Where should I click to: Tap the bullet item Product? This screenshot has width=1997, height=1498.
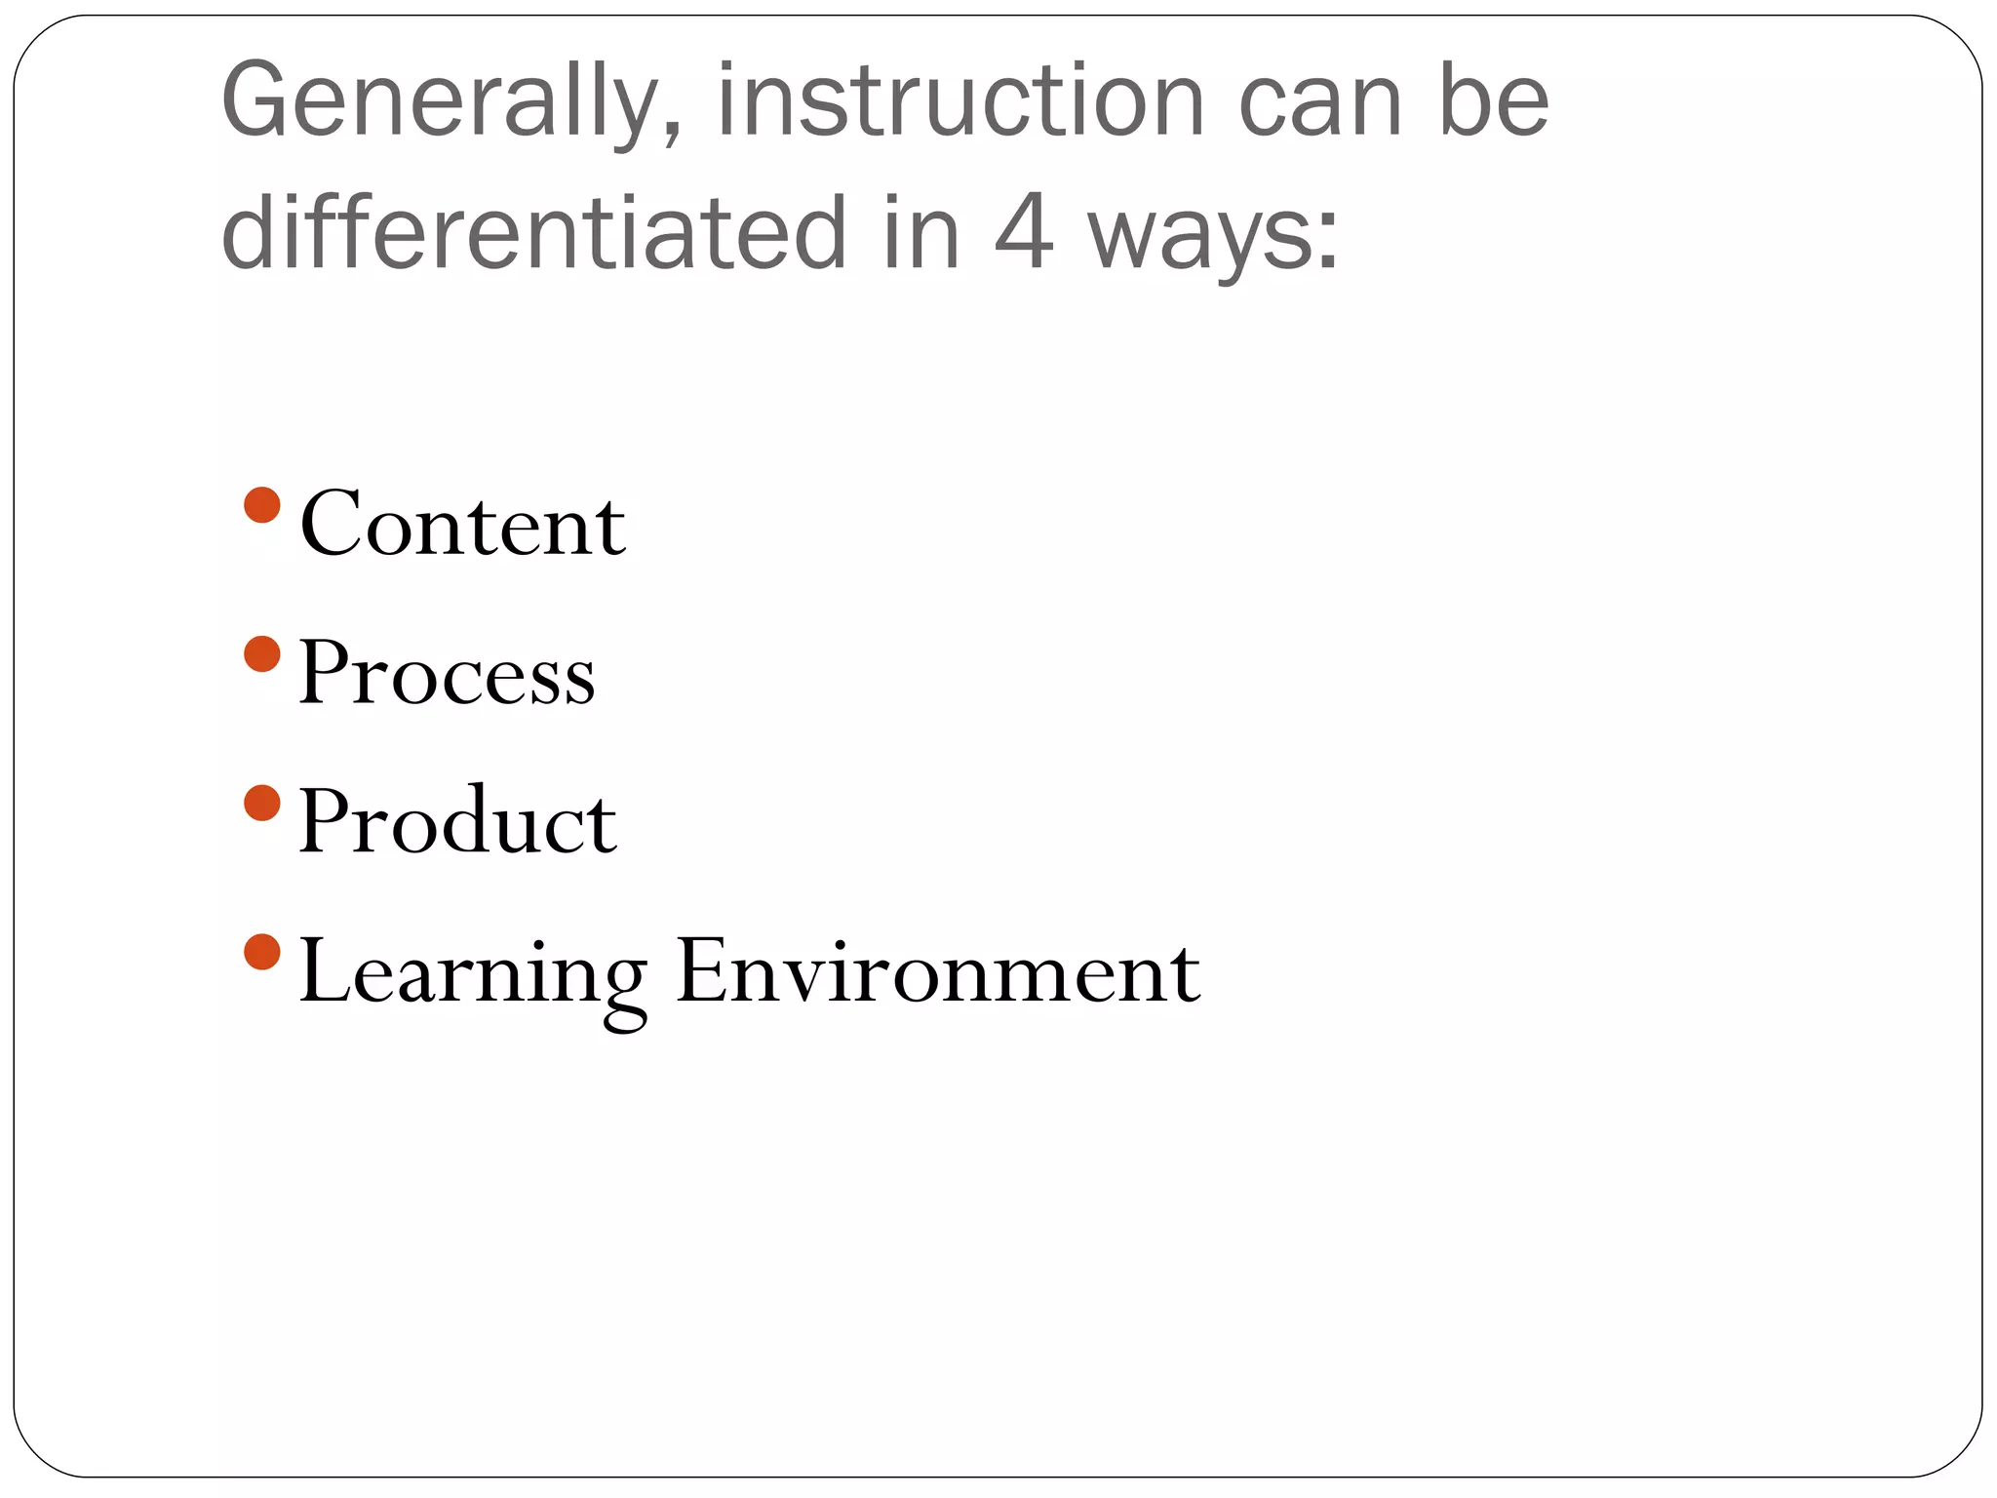coord(457,821)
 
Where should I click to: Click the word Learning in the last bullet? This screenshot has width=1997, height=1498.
coord(473,973)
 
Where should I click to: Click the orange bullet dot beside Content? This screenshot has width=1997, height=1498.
coord(262,505)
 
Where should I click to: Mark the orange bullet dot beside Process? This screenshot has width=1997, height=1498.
coord(262,654)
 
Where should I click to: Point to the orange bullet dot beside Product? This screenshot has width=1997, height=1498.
coord(262,804)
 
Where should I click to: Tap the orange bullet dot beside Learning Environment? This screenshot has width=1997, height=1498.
coord(262,952)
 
